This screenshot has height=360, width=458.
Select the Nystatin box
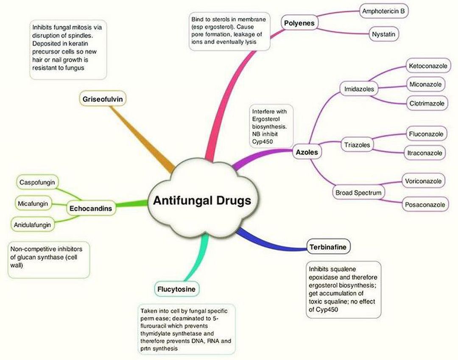coord(383,33)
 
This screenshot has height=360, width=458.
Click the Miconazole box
coord(426,84)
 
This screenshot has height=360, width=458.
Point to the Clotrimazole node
coord(427,103)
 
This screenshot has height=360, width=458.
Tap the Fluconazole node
coord(426,134)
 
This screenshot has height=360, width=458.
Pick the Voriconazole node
coord(426,181)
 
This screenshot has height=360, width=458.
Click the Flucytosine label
coord(176,290)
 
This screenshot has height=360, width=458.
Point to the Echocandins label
coord(91,208)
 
